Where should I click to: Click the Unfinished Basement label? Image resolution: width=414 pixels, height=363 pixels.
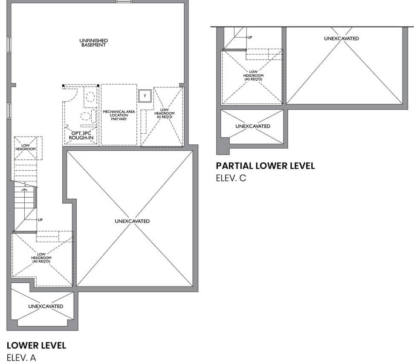93,43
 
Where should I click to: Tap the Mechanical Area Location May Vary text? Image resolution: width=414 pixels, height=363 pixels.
119,115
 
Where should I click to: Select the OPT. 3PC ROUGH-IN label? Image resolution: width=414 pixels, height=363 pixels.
81,135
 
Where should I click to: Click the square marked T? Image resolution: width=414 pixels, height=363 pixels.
145,96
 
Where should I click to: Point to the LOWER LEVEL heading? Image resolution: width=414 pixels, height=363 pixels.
36,345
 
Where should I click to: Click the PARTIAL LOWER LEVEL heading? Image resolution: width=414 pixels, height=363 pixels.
265,166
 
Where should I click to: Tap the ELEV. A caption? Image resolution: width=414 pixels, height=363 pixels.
21,358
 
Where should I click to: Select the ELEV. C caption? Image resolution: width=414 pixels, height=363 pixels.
231,178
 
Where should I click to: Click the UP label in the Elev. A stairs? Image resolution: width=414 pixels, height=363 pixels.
40,220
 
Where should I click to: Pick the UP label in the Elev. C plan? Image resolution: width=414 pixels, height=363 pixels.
250,37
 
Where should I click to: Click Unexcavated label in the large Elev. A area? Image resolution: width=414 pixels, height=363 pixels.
132,221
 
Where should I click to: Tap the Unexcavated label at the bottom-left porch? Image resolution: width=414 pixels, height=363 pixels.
46,306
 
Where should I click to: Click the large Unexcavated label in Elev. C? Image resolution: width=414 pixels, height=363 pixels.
342,38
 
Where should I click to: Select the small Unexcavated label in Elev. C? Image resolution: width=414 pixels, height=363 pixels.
253,126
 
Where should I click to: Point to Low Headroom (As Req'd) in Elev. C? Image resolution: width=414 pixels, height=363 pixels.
253,75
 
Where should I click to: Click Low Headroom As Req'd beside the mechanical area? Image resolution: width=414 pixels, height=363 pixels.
164,113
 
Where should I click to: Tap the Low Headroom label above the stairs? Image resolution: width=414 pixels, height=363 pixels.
25,147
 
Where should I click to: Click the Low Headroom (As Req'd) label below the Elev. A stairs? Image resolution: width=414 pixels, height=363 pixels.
41,258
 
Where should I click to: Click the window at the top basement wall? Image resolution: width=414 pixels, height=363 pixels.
124,2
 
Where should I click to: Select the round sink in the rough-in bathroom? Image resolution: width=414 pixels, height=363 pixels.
90,97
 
